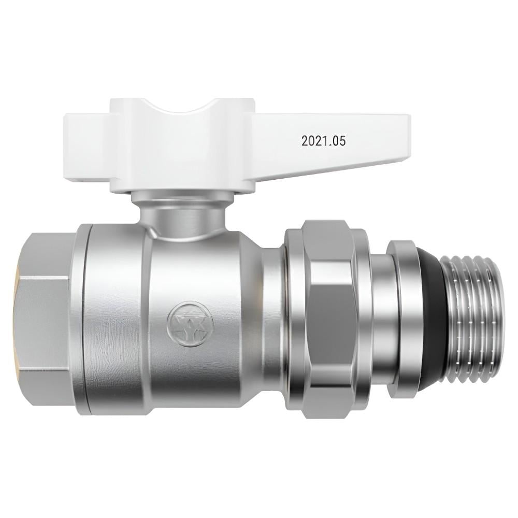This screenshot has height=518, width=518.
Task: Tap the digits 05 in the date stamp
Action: (339, 140)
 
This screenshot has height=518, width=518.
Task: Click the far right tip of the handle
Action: (407, 129)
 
